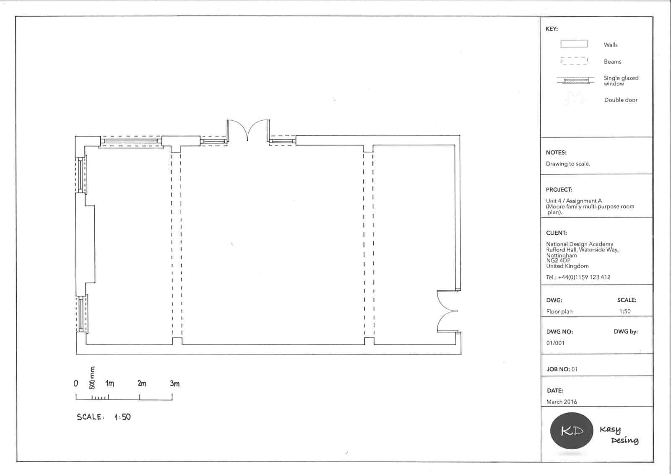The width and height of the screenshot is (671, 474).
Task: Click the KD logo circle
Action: tap(572, 430)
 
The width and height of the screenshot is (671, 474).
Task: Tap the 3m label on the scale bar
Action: tap(174, 383)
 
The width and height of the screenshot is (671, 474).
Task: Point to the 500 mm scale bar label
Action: tap(92, 378)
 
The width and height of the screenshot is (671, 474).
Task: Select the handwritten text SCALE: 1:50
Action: tap(104, 417)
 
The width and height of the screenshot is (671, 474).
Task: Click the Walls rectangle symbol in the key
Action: tap(574, 44)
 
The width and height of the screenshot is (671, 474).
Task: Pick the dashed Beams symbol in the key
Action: tap(574, 61)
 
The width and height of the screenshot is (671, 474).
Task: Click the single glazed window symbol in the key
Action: tap(575, 80)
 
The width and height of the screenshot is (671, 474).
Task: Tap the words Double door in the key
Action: tap(621, 100)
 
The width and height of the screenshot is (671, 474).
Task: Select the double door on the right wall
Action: tap(448, 311)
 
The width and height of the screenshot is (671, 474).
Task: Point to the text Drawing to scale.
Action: tap(568, 164)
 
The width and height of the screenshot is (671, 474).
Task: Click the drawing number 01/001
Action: tap(555, 343)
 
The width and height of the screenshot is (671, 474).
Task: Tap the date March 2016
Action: tap(562, 402)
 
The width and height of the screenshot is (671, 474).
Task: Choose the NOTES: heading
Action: tap(556, 153)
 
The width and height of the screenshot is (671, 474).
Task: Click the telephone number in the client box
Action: tap(578, 277)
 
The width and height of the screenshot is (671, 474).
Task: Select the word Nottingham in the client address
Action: tap(562, 255)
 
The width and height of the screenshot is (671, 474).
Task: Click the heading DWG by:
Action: tap(626, 332)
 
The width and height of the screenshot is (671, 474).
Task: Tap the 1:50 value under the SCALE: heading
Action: tap(625, 311)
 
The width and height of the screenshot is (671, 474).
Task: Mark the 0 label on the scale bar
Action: tap(76, 383)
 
